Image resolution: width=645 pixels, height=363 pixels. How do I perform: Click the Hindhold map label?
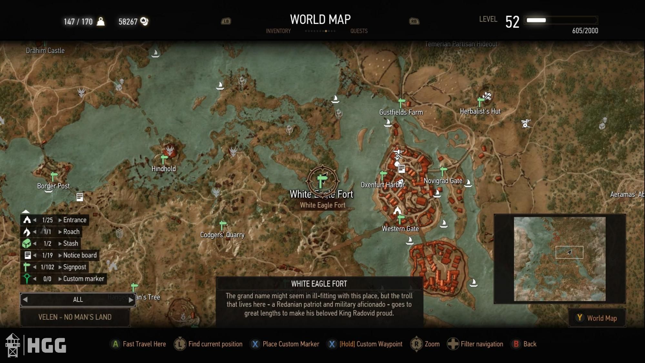(164, 169)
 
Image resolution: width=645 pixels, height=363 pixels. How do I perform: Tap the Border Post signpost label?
(53, 186)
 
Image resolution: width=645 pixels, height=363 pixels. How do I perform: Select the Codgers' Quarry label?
(222, 235)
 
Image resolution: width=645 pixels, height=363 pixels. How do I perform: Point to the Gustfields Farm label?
(401, 112)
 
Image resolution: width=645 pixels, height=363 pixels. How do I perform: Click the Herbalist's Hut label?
(480, 111)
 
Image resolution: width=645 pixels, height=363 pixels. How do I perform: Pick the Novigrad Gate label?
(443, 181)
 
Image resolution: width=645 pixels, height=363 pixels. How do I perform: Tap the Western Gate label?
(400, 229)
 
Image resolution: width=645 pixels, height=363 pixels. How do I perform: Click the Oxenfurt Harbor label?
(382, 185)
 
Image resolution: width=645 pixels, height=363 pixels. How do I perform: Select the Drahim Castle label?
(45, 51)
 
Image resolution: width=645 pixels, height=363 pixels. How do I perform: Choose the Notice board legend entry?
(80, 255)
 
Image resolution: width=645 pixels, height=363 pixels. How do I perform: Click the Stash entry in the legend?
(70, 244)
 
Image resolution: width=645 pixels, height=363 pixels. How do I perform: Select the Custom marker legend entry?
(83, 279)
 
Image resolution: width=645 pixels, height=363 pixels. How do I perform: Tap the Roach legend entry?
(71, 232)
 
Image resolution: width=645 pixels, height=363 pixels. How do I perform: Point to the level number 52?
(512, 22)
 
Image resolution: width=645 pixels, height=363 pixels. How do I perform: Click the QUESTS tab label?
(359, 31)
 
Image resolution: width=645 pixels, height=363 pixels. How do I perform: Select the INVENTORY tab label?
(278, 31)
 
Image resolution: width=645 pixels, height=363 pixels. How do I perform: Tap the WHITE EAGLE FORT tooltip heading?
(319, 284)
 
